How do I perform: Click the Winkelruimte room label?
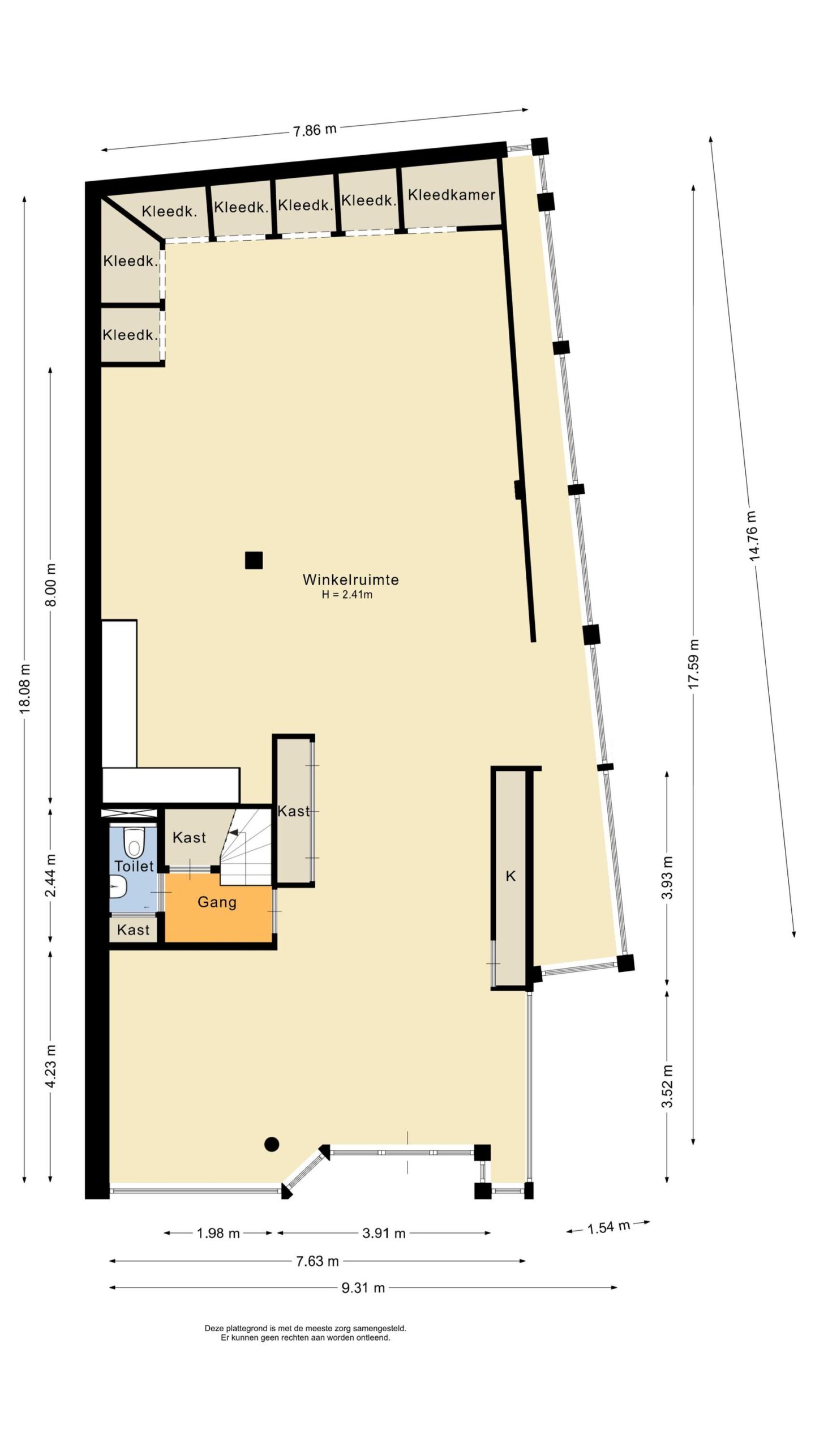350,579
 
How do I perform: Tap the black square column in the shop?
254,560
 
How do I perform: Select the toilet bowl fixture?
134,843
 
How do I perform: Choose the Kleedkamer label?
452,195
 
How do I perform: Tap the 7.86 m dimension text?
315,130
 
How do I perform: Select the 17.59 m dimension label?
693,664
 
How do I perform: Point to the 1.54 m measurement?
608,1228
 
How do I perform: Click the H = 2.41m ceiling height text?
347,595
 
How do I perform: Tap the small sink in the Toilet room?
117,886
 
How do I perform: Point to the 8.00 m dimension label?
51,585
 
